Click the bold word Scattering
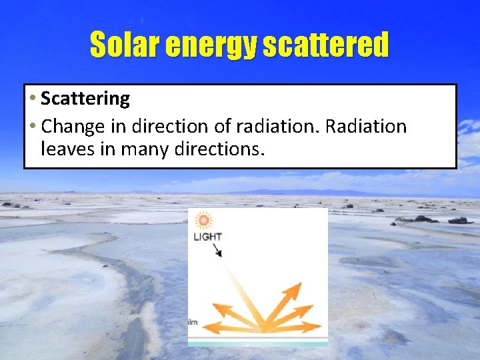click(x=85, y=99)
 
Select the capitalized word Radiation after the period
click(x=366, y=126)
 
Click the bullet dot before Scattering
click(x=33, y=99)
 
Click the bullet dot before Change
click(x=33, y=127)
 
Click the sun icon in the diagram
click(x=203, y=219)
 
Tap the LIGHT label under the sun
click(x=207, y=237)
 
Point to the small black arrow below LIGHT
click(x=217, y=251)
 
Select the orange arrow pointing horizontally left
click(x=212, y=327)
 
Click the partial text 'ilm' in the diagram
click(x=193, y=322)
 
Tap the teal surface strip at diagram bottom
click(x=257, y=343)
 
